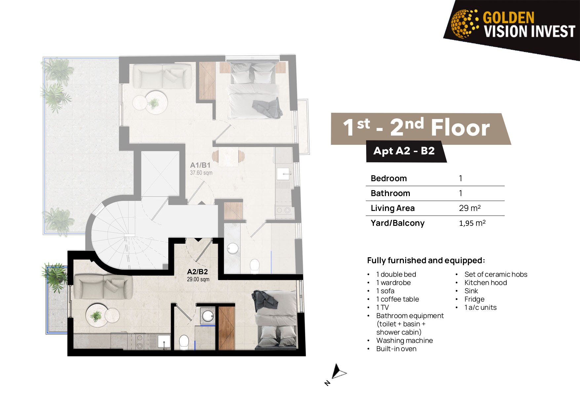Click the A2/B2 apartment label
pos(197,272)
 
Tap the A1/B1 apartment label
pos(200,165)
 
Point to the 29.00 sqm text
pos(198,279)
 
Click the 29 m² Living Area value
pos(470,208)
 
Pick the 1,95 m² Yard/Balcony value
pos(472,223)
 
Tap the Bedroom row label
pos(389,179)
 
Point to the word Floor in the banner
pos(460,128)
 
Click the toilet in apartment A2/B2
pos(184,343)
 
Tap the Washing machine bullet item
pos(405,341)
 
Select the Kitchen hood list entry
pos(485,283)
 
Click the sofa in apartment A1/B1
pos(162,76)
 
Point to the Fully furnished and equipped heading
pos(426,261)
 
